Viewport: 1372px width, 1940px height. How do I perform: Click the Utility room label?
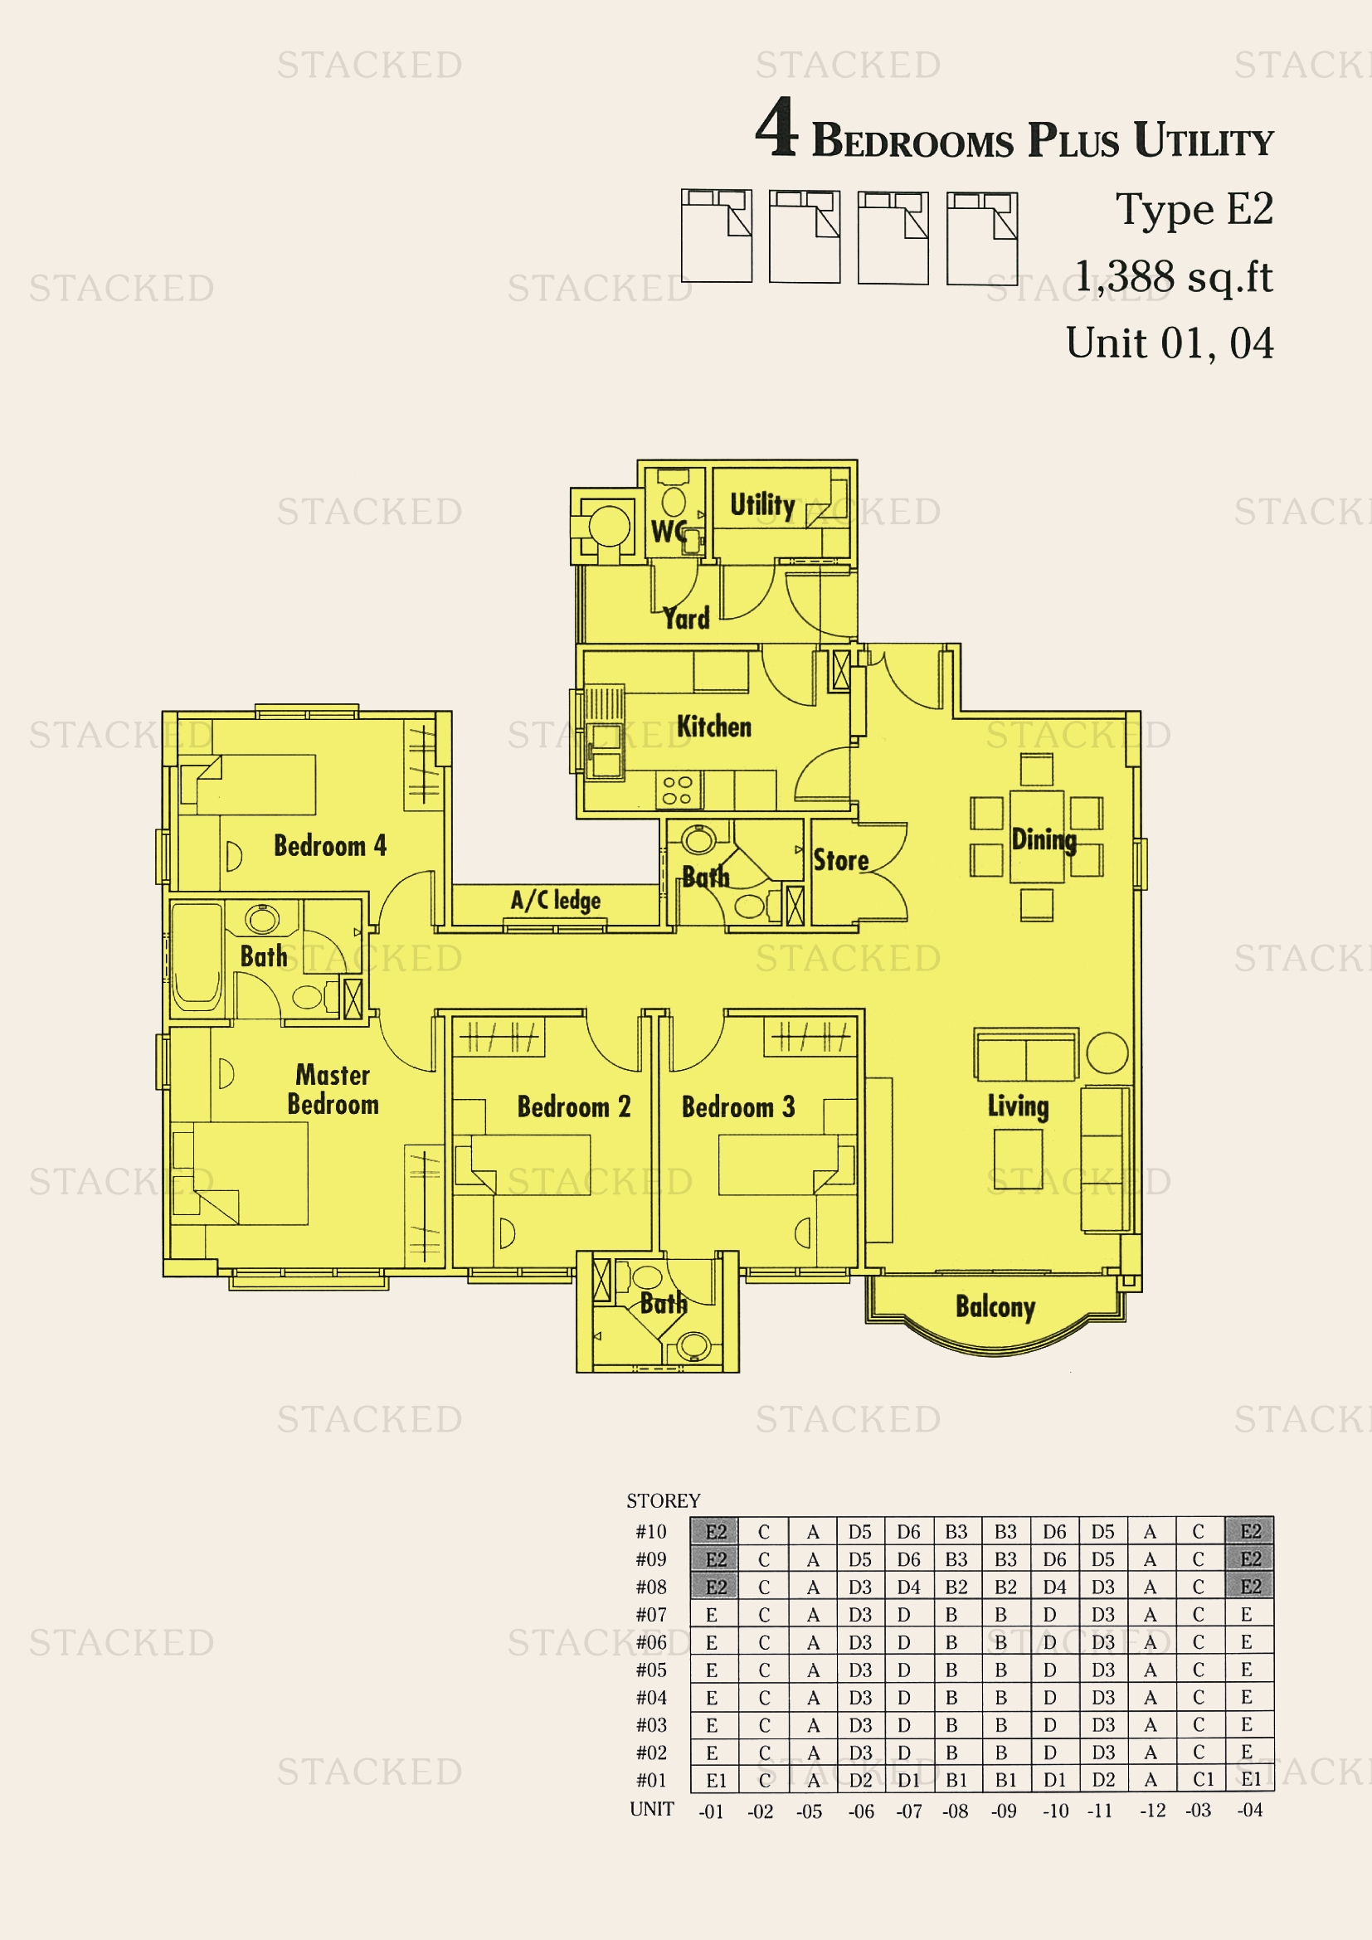[762, 505]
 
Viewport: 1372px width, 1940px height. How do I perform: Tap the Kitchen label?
[714, 727]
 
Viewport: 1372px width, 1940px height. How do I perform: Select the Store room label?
[840, 860]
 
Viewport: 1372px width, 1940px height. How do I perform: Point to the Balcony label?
[995, 1307]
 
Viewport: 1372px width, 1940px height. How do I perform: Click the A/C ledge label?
[556, 900]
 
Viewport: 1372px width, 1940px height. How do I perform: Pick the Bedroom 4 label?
[330, 846]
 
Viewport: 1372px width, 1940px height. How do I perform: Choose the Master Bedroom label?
[333, 1089]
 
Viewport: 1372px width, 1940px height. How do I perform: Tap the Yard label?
[686, 619]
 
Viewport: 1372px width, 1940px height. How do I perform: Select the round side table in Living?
[1107, 1053]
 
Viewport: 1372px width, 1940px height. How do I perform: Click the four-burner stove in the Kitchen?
[678, 790]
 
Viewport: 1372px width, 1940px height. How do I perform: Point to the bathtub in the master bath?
[197, 956]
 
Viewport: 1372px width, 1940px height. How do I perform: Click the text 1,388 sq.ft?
[1174, 276]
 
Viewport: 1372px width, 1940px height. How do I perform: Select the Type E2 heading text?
[1194, 210]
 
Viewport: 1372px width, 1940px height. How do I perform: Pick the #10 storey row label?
[651, 1532]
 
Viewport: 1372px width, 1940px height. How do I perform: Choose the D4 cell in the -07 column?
[909, 1587]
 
